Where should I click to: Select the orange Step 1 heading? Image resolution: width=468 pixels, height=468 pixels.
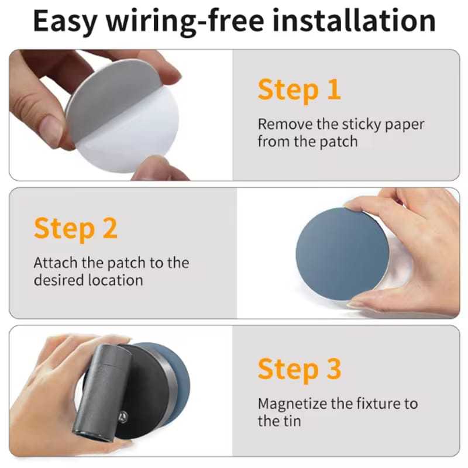tap(299, 90)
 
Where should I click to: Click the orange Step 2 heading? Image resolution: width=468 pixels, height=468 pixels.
tap(75, 228)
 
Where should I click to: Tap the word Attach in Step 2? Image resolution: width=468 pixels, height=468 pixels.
tap(56, 263)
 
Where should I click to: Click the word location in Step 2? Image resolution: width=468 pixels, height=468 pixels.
tap(116, 280)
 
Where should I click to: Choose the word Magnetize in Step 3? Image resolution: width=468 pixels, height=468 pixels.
tap(292, 404)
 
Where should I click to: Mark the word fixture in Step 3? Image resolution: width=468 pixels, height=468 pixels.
tap(378, 404)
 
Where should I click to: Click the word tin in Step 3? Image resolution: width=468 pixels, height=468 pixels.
tap(288, 421)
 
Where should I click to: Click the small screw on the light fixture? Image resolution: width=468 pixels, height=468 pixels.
tap(123, 416)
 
